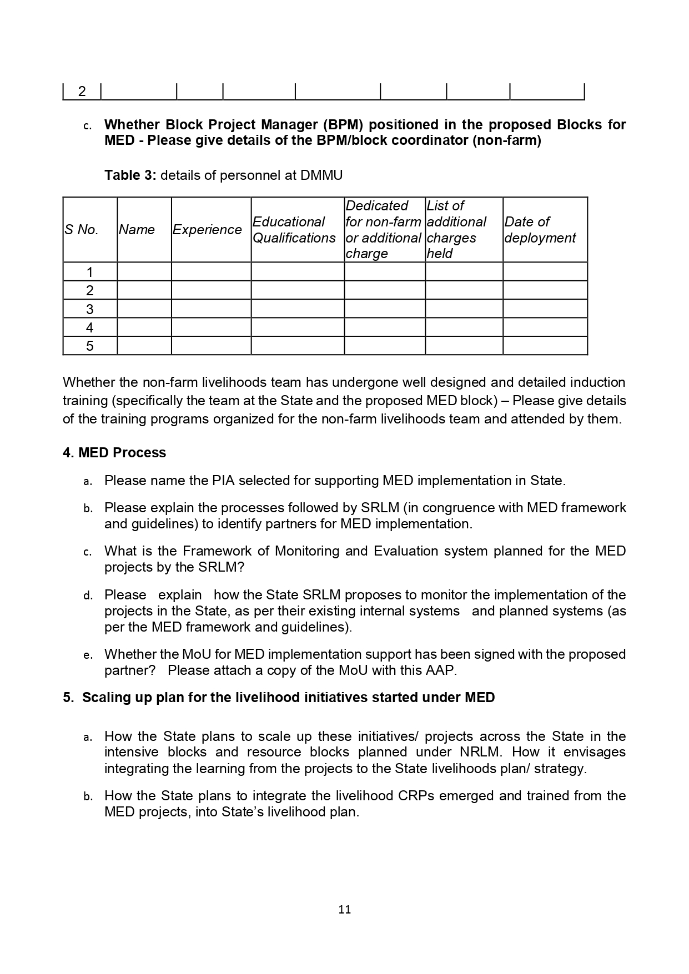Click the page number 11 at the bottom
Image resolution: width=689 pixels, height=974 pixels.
click(344, 909)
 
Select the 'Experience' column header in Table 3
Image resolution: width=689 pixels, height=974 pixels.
click(207, 230)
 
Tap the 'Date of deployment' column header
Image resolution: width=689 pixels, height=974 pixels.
click(540, 230)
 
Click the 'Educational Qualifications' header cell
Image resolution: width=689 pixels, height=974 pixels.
click(294, 230)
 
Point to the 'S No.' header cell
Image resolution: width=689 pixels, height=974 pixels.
click(82, 230)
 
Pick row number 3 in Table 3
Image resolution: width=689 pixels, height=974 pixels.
click(90, 309)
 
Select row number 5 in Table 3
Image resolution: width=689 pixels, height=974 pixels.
click(90, 346)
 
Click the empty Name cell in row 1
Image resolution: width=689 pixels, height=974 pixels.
click(144, 272)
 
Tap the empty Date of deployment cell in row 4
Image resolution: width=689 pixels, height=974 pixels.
click(545, 327)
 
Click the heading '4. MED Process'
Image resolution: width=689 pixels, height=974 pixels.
click(114, 453)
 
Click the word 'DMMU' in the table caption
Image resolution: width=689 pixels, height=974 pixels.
click(321, 175)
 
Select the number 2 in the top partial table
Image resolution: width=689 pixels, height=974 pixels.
click(82, 92)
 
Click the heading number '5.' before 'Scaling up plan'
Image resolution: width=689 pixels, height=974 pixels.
click(68, 698)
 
